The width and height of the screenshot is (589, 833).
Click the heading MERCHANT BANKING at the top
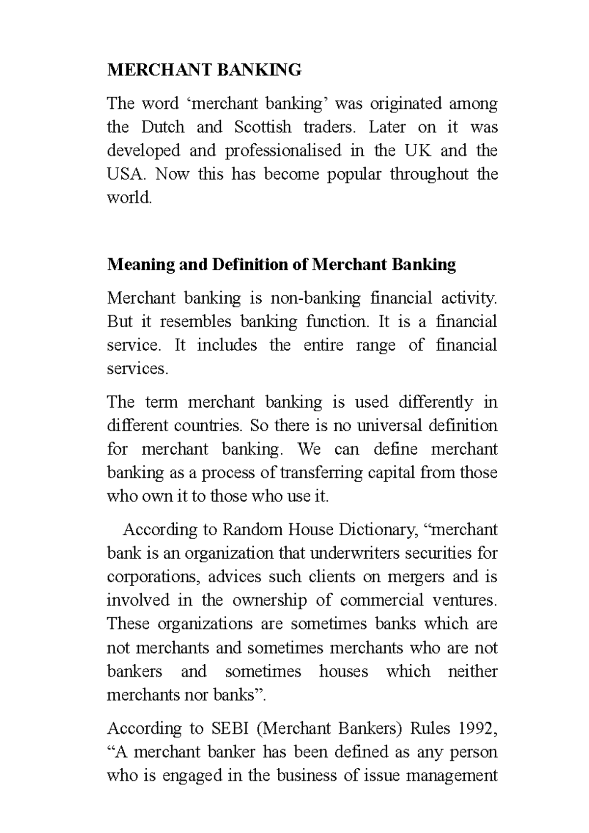pos(204,70)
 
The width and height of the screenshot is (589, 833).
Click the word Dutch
pos(162,127)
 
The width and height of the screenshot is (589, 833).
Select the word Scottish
pos(263,127)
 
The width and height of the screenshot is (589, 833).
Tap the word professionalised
pos(283,151)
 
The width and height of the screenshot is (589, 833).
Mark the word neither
pos(472,671)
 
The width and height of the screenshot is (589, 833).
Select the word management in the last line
pos(447,776)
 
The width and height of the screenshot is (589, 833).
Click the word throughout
pos(429,174)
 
